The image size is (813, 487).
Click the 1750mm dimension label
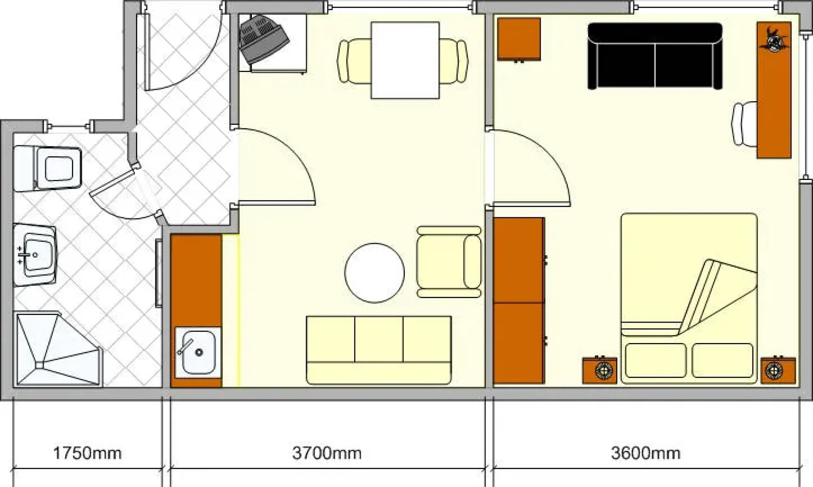click(x=87, y=453)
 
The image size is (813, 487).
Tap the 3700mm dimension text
click(x=327, y=453)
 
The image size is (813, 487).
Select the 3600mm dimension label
click(x=646, y=453)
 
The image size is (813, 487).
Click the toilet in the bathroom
click(x=47, y=168)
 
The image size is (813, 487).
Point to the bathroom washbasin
click(x=35, y=255)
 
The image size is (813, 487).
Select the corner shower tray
click(x=58, y=349)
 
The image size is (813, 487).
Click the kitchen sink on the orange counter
click(x=198, y=352)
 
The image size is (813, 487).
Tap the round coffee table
click(x=374, y=273)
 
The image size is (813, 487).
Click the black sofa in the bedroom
click(x=655, y=56)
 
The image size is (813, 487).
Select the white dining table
click(x=405, y=60)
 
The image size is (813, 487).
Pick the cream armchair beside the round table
click(x=449, y=262)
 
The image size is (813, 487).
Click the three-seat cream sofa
click(x=379, y=350)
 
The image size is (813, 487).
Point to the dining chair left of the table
click(x=354, y=61)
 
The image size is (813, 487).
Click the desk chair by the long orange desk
click(x=744, y=124)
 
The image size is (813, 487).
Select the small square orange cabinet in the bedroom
click(x=519, y=39)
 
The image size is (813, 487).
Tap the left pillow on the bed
click(x=655, y=360)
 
